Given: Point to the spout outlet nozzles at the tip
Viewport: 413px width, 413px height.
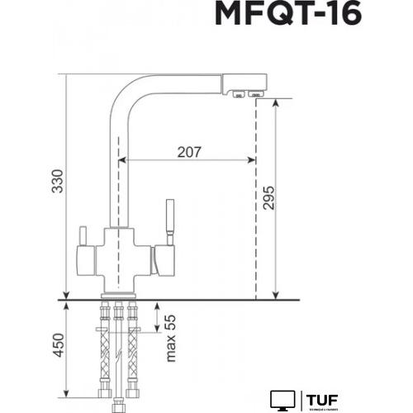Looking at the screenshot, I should pyautogui.click(x=246, y=94).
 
